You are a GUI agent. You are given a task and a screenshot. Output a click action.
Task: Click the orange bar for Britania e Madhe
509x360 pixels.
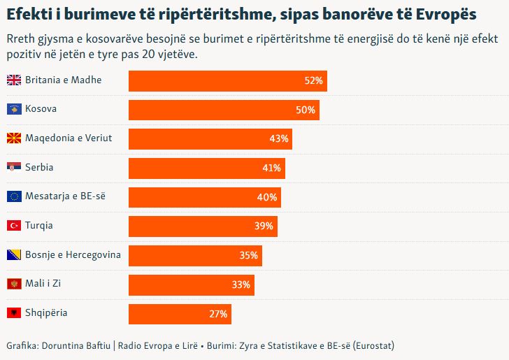tap(227, 80)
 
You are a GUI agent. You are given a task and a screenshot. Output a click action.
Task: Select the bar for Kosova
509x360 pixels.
tap(224, 110)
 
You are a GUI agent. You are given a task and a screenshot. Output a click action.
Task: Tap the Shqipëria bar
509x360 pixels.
tap(180, 314)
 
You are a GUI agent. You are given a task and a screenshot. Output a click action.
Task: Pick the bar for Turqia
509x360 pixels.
tap(203, 226)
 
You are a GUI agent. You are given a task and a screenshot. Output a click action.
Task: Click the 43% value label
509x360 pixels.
tap(279, 139)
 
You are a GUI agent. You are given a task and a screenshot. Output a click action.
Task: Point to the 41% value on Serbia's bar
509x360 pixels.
tap(272, 168)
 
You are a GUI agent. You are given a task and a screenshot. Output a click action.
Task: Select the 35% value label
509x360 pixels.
tap(249, 255)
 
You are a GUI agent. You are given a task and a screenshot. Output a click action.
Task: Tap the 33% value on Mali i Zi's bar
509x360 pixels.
tap(241, 285)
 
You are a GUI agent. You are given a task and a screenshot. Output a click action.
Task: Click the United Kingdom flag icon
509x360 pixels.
tap(13, 80)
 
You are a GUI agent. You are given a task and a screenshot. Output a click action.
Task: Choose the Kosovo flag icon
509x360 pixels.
tap(13, 109)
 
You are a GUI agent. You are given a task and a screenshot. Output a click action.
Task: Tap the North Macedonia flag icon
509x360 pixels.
tap(13, 138)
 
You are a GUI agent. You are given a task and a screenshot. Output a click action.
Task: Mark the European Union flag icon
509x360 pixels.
tap(13, 196)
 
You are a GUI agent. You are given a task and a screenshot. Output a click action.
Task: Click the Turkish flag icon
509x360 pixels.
tap(13, 226)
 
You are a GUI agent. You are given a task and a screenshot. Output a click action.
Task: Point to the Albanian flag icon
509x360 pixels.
tap(13, 313)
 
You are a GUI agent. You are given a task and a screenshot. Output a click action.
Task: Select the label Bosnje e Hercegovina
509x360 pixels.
tap(73, 254)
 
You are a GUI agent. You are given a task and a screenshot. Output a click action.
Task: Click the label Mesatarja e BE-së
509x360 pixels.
tap(65, 196)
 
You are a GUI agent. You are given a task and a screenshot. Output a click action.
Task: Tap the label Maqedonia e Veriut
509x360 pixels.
tap(69, 138)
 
